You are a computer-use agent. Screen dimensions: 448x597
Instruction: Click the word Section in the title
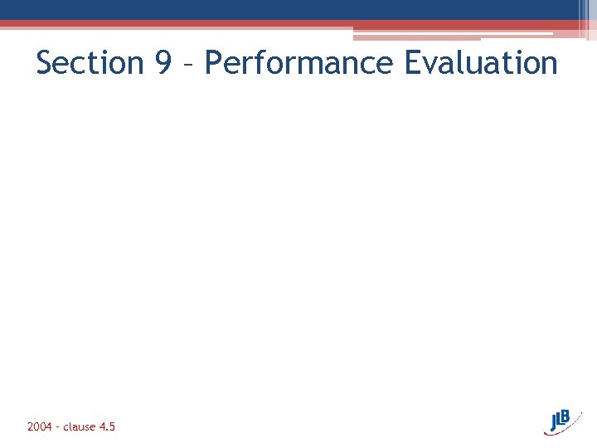90,63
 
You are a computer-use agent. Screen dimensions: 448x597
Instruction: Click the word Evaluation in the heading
481,63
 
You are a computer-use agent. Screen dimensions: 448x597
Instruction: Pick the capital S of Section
46,63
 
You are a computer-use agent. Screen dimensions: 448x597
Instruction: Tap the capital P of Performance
214,63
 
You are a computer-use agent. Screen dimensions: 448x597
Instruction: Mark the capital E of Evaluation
414,63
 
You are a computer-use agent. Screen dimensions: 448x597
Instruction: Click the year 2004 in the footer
40,426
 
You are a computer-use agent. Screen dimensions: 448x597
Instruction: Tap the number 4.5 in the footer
107,426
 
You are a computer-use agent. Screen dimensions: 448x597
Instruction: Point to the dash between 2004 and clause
58,427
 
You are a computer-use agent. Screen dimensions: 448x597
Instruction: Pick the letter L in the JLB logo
563,419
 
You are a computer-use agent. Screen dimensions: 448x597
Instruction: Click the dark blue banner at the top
290,9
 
